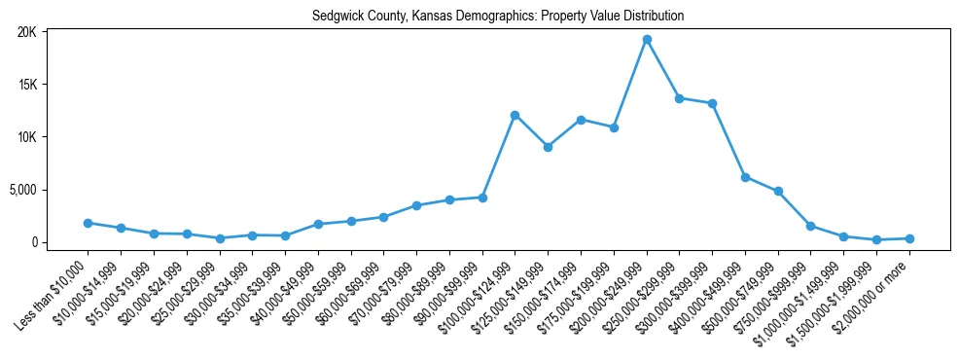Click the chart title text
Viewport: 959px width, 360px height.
point(498,16)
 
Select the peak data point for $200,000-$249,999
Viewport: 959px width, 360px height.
point(647,39)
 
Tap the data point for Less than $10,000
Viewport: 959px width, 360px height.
point(88,223)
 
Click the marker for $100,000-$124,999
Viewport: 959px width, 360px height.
point(515,115)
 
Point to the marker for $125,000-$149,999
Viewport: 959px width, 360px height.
point(549,147)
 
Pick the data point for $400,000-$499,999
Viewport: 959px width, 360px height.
point(745,177)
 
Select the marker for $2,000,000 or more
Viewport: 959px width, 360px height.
point(909,238)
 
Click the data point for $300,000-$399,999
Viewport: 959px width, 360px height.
point(713,103)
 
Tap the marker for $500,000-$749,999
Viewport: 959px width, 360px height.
point(778,191)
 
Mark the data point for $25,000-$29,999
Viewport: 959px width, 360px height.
point(220,238)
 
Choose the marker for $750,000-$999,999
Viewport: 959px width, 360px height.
point(811,226)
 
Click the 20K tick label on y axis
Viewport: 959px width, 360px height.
point(26,32)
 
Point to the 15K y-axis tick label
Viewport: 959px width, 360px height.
point(26,85)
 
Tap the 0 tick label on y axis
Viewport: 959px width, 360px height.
point(33,242)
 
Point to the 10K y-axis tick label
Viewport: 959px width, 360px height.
point(26,137)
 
